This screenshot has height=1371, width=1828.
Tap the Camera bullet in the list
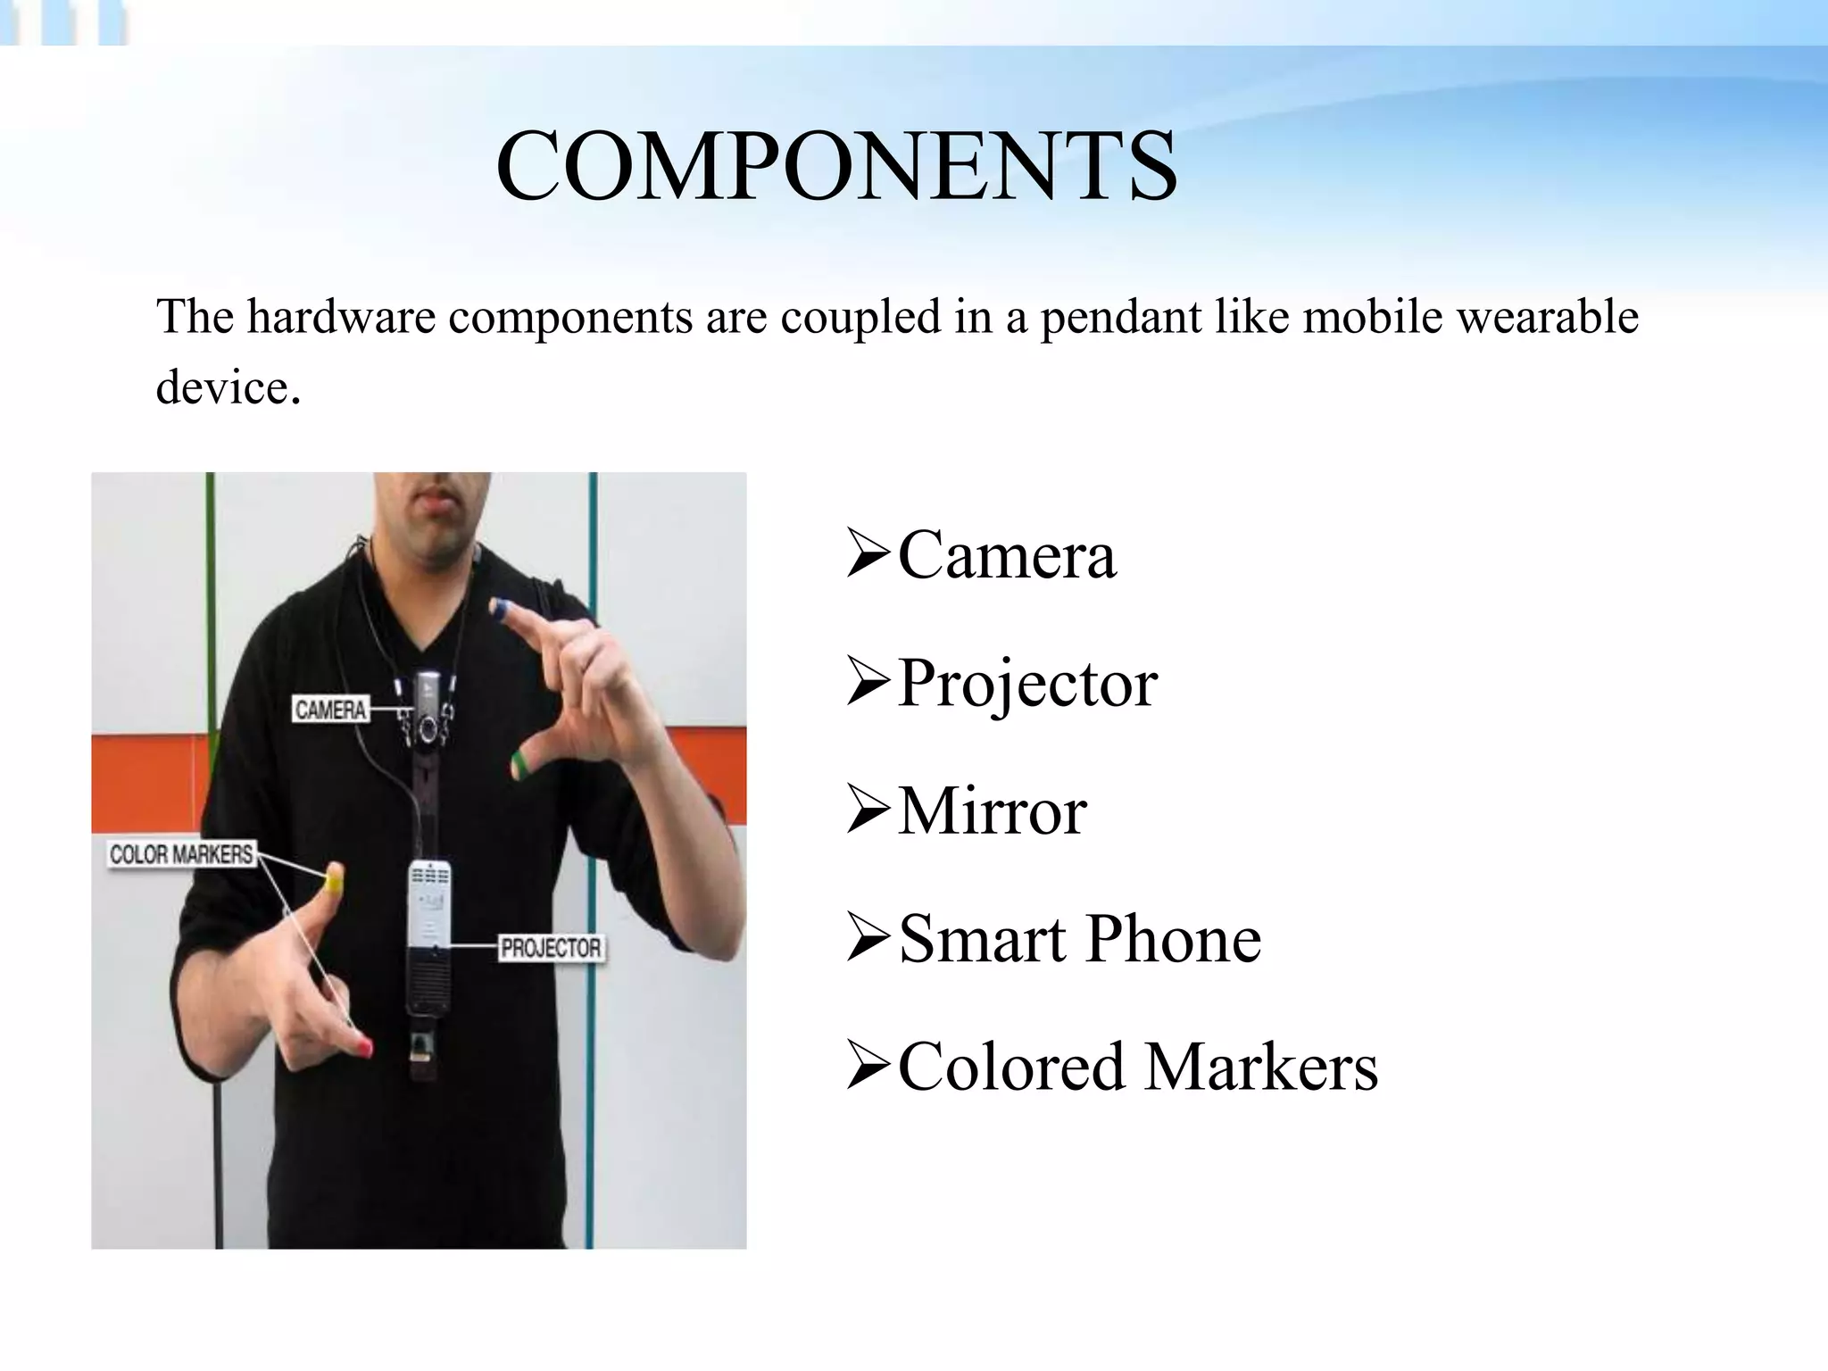pyautogui.click(x=1006, y=555)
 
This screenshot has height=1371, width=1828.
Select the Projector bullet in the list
pyautogui.click(x=1026, y=684)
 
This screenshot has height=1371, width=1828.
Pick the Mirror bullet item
pyautogui.click(x=992, y=811)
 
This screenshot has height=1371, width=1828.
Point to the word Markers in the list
pyautogui.click(x=1261, y=1067)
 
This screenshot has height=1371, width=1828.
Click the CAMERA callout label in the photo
pyautogui.click(x=330, y=710)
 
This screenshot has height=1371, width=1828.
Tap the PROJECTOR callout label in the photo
pyautogui.click(x=551, y=947)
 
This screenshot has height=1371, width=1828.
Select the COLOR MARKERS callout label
pyautogui.click(x=181, y=854)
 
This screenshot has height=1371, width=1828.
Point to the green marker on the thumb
pyautogui.click(x=519, y=762)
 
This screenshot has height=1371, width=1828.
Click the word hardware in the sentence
pyautogui.click(x=341, y=317)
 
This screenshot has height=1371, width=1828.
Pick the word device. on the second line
pyautogui.click(x=228, y=387)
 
